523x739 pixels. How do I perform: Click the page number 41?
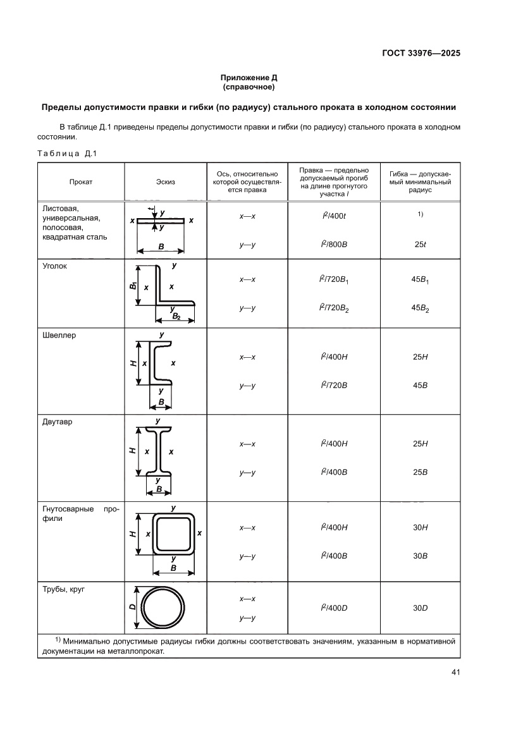click(x=455, y=672)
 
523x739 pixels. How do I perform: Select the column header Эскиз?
click(x=165, y=181)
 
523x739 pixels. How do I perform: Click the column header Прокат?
click(x=81, y=181)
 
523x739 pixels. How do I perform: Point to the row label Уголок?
click(x=54, y=266)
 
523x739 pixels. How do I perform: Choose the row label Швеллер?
click(x=59, y=335)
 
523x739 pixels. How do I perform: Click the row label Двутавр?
click(x=58, y=422)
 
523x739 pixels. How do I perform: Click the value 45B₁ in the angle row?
click(x=420, y=279)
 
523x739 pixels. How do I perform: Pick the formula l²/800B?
click(x=334, y=245)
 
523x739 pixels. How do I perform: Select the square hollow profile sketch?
click(x=173, y=534)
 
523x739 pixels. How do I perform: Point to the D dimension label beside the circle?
click(x=132, y=607)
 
